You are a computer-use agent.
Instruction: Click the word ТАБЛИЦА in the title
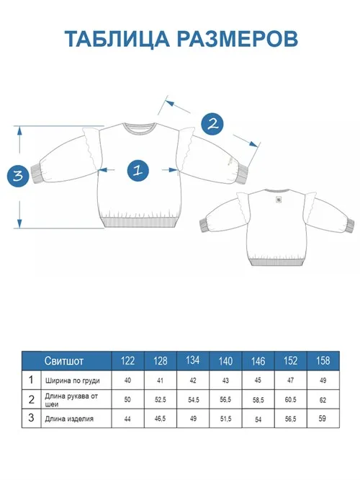pyautogui.click(x=117, y=38)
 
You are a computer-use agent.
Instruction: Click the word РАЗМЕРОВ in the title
pyautogui.click(x=238, y=38)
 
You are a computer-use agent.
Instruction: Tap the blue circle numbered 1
pyautogui.click(x=138, y=170)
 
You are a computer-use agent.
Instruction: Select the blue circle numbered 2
pyautogui.click(x=212, y=124)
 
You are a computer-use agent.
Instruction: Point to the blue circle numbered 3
pyautogui.click(x=18, y=176)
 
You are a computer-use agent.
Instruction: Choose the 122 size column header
pyautogui.click(x=127, y=361)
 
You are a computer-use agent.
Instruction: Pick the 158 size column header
pyautogui.click(x=323, y=361)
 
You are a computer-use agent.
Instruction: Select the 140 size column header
pyautogui.click(x=225, y=361)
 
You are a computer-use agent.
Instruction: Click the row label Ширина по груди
pyautogui.click(x=73, y=381)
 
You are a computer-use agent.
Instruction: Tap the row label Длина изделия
pyautogui.click(x=69, y=419)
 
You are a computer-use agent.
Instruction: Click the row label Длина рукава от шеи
pyautogui.click(x=71, y=400)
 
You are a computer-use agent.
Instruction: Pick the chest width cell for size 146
pyautogui.click(x=258, y=380)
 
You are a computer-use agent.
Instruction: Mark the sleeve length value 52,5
pyautogui.click(x=161, y=399)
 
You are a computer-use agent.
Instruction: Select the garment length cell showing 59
pyautogui.click(x=323, y=418)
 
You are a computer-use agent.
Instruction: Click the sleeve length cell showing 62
pyautogui.click(x=323, y=399)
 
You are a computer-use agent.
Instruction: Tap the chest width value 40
pyautogui.click(x=127, y=380)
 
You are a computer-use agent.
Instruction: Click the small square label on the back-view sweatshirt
pyautogui.click(x=279, y=199)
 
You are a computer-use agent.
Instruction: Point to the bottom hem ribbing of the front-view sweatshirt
pyautogui.click(x=140, y=222)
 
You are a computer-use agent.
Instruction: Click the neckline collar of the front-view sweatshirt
pyautogui.click(x=140, y=128)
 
